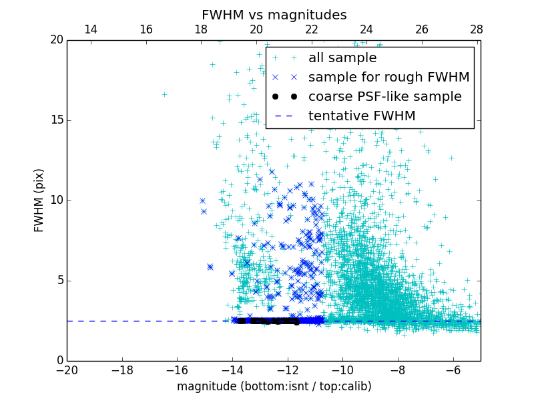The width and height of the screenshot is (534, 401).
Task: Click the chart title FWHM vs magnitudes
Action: click(274, 15)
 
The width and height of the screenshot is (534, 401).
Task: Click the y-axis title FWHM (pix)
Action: click(39, 200)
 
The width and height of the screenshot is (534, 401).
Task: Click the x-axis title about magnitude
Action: click(274, 386)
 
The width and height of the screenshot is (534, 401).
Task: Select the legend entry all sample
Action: click(342, 58)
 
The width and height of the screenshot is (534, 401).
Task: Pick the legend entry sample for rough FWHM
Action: click(388, 78)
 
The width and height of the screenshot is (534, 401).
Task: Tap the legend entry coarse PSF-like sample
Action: click(384, 97)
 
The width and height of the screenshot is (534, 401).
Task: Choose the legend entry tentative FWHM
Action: click(362, 116)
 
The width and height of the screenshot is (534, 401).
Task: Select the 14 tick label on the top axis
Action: click(90, 29)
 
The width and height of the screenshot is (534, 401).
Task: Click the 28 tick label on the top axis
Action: click(477, 29)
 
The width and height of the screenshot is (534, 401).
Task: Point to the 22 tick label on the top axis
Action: click(311, 29)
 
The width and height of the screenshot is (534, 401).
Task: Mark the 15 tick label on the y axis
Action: click(57, 120)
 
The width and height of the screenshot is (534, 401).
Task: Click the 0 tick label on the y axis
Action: click(60, 361)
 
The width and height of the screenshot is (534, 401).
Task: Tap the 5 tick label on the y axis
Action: click(60, 281)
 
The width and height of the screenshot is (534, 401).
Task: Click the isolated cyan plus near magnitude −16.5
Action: click(164, 94)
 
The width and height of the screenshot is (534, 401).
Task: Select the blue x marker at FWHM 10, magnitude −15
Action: click(202, 200)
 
